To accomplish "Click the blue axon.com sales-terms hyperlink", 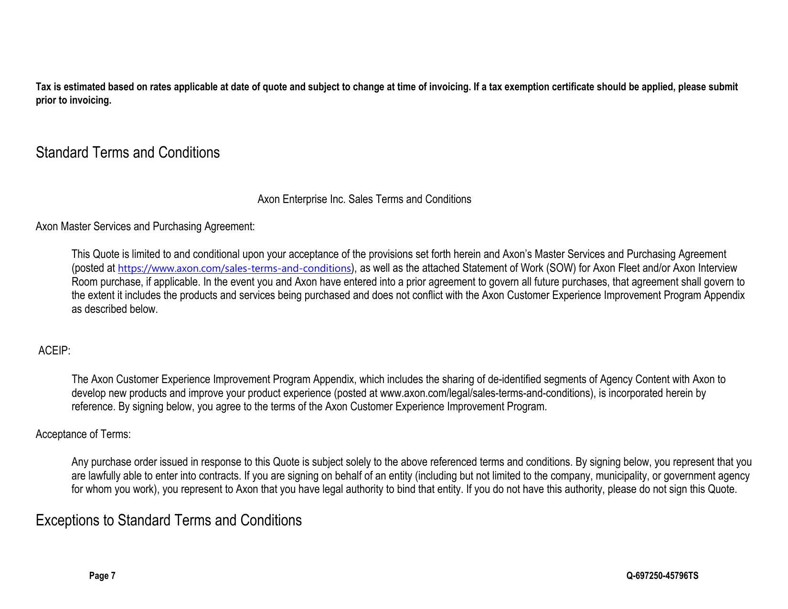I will (234, 268).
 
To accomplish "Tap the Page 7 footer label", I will (102, 576).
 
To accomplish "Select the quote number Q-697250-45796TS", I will (662, 576).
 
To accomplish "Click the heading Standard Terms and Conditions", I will (128, 152).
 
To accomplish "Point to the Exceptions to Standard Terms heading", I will (169, 520).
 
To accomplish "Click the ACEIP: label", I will (54, 351).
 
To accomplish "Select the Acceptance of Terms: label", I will (83, 434).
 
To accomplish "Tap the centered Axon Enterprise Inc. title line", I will (364, 199).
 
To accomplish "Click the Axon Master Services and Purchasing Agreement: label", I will (145, 226).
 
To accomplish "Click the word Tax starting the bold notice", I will (43, 87).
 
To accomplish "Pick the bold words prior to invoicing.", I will (74, 100).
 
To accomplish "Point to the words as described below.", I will (115, 309).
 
